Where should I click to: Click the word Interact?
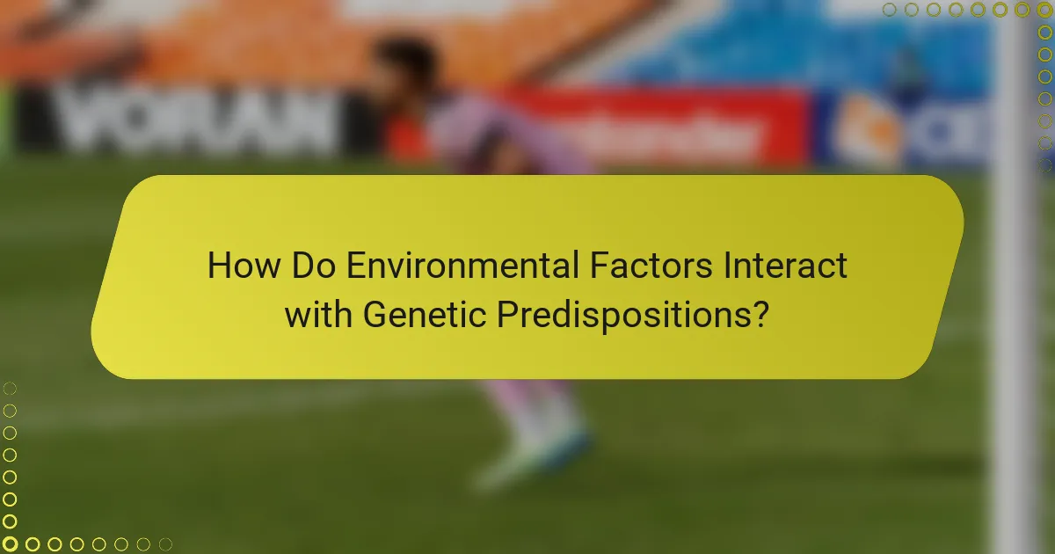pyautogui.click(x=785, y=266)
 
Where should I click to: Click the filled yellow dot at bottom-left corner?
pyautogui.click(x=11, y=544)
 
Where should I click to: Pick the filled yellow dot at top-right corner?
pyautogui.click(x=1044, y=10)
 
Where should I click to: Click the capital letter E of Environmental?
pyautogui.click(x=354, y=266)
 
